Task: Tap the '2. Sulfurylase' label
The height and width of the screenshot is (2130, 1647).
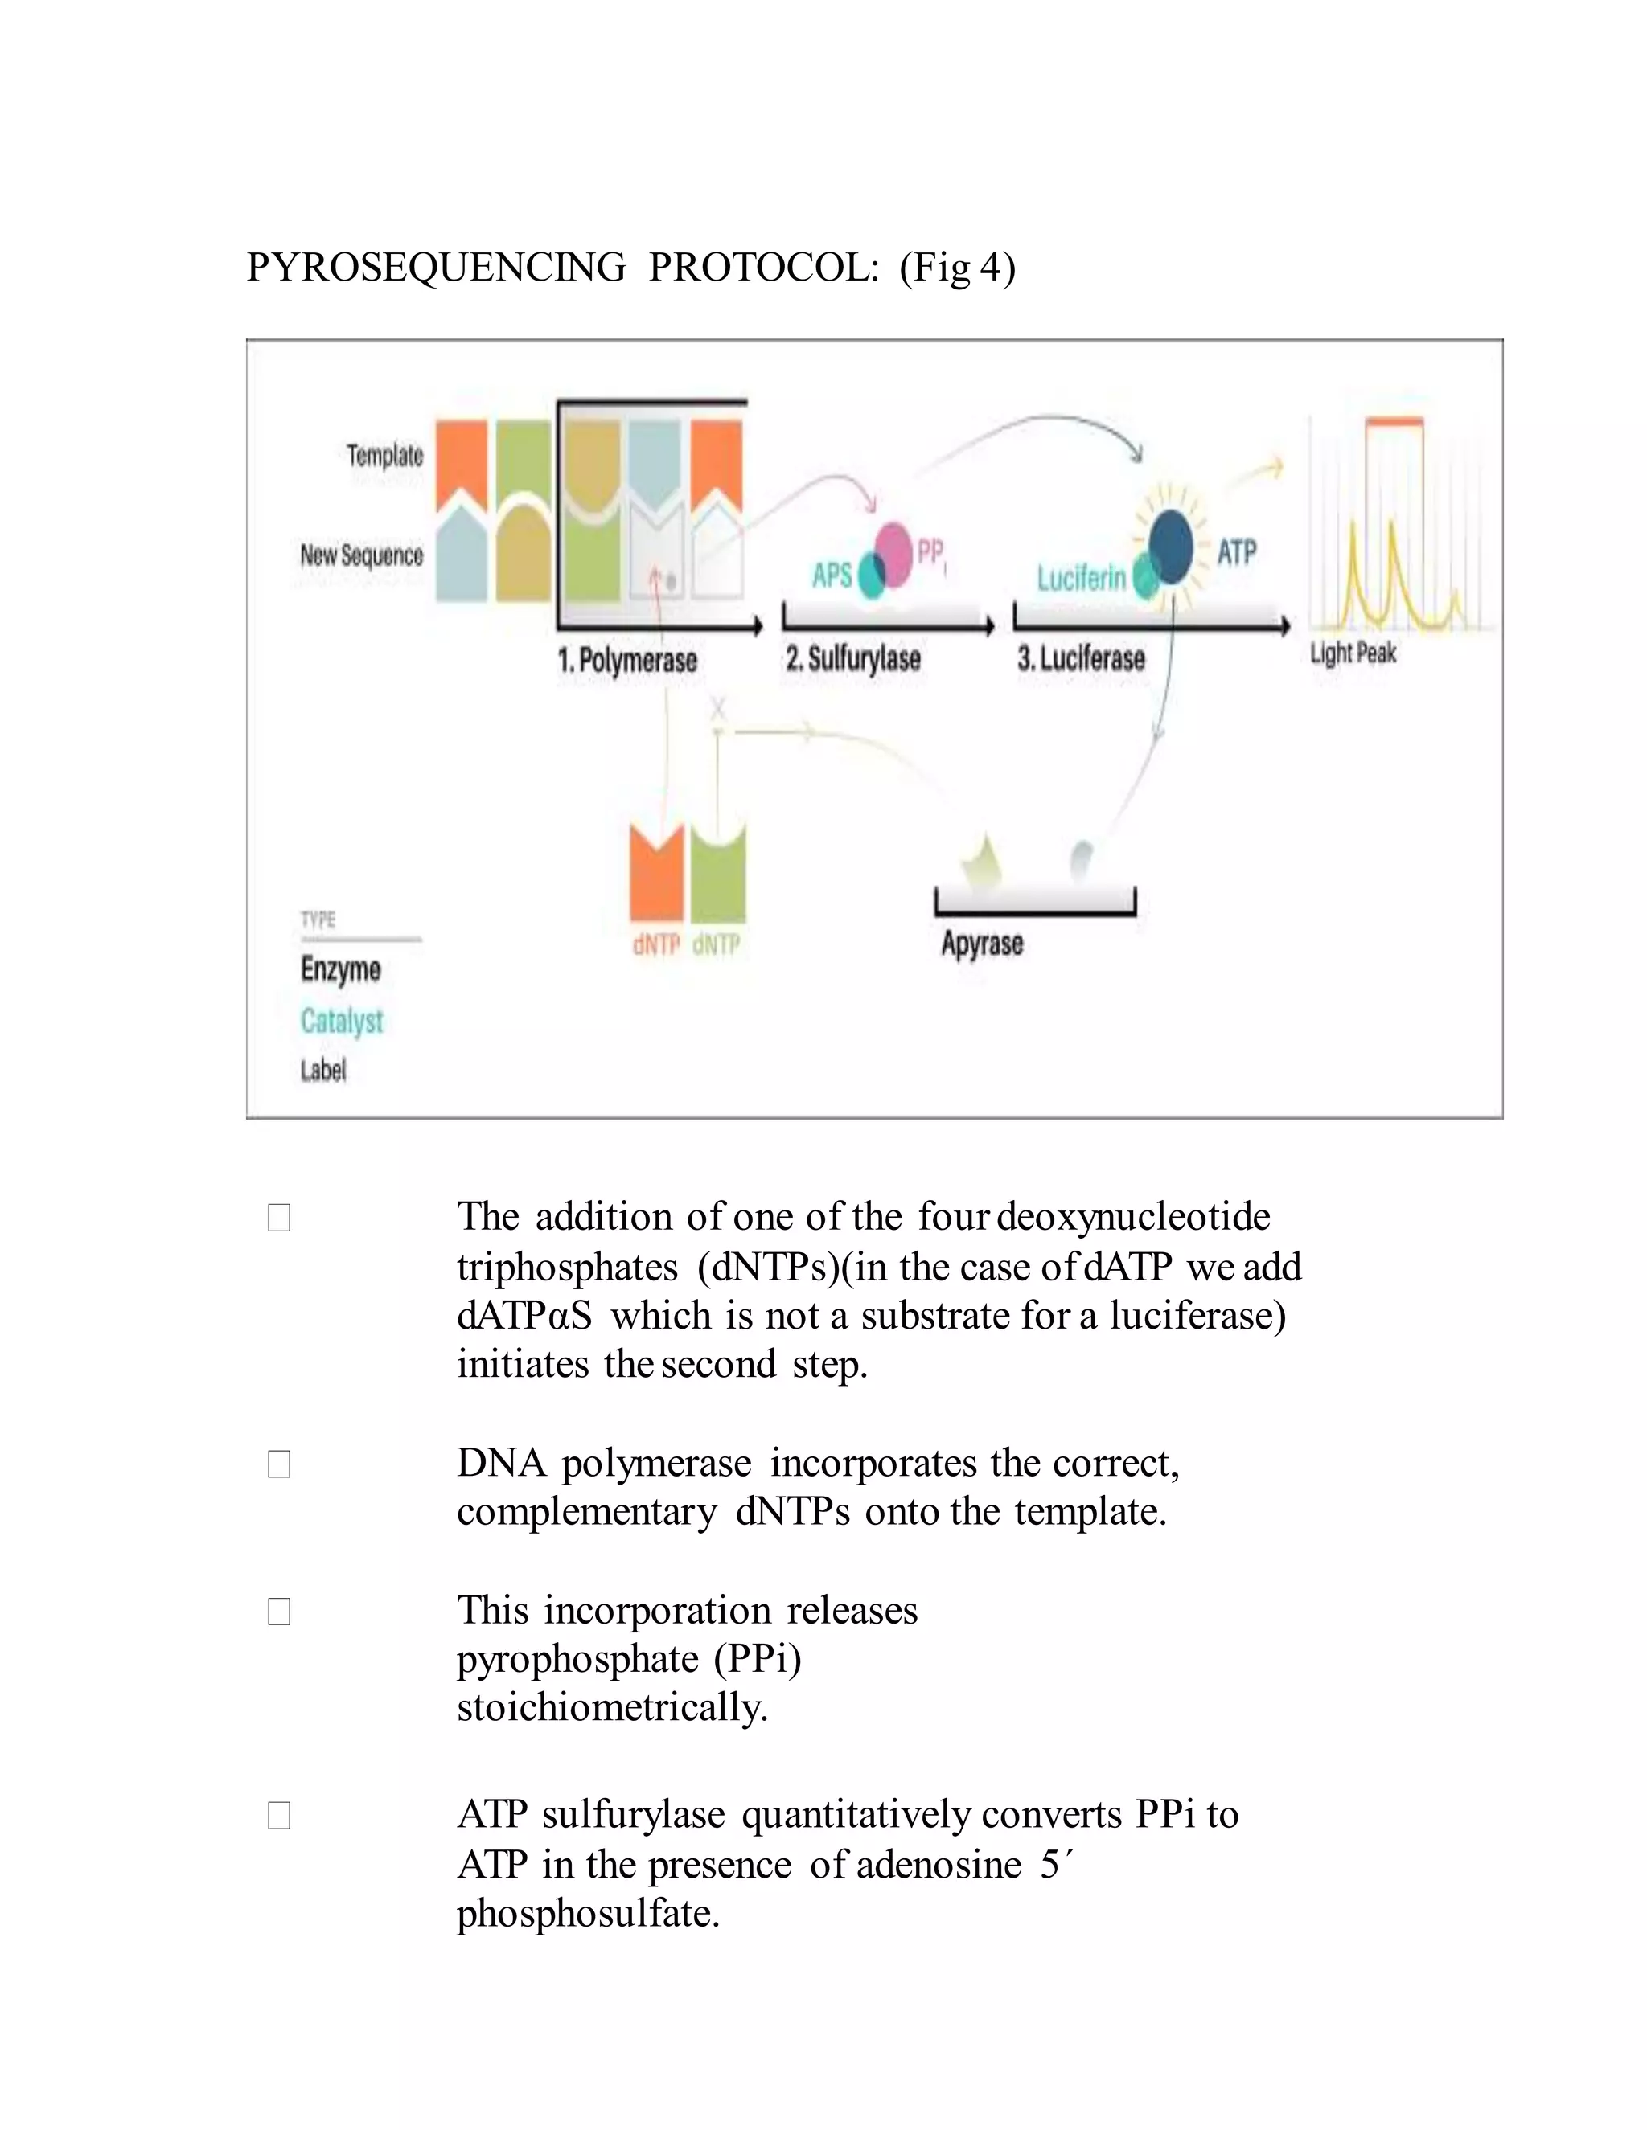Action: (852, 658)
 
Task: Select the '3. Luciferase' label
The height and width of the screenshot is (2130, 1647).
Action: (1080, 658)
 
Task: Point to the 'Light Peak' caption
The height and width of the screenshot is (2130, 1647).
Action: (1353, 653)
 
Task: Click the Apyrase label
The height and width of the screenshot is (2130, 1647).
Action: (982, 943)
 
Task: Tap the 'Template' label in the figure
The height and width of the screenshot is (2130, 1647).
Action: (384, 456)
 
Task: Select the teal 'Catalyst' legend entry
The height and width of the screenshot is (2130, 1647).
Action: (342, 1020)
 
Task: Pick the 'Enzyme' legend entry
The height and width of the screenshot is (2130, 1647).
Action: (340, 969)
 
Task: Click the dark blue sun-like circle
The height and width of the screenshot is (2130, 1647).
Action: (1170, 548)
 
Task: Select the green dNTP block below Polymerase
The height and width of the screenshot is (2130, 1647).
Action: (718, 874)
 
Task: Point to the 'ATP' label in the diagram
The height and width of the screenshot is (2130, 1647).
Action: (1236, 553)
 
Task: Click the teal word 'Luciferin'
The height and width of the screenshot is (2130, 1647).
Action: (1081, 579)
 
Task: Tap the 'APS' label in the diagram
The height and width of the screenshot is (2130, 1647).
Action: (832, 576)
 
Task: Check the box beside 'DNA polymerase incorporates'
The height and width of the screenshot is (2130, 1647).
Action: (279, 1464)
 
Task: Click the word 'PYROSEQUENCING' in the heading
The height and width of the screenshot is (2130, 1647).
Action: (436, 267)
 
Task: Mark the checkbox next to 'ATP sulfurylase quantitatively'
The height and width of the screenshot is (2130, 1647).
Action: (279, 1815)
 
